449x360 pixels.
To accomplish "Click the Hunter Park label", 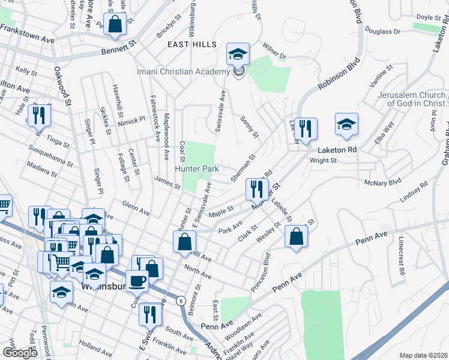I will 197,169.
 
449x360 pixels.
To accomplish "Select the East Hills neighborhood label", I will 188,44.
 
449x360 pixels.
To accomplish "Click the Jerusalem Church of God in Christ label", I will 411,100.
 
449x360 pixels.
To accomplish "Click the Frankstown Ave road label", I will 27,33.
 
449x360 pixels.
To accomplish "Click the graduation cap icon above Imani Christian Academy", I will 238,54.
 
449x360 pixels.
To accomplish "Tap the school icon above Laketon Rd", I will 346,124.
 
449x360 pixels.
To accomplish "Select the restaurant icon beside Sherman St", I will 256,190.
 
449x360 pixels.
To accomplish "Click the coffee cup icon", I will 137,280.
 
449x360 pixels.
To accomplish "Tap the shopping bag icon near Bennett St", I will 114,25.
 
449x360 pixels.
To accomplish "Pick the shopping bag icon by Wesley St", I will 297,236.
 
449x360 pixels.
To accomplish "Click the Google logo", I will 20,353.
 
